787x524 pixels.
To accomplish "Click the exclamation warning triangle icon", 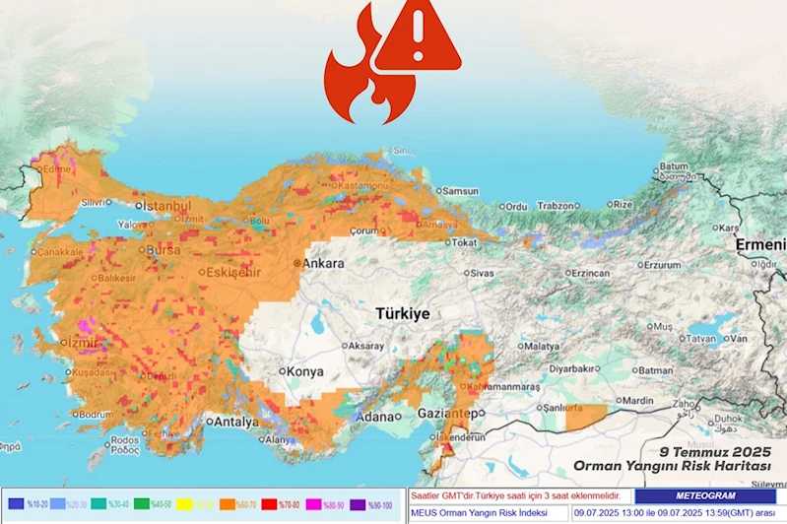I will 419,37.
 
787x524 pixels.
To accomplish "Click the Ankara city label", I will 322,264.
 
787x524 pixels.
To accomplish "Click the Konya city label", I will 303,372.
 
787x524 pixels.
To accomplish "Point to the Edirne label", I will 57,169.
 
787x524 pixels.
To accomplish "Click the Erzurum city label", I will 657,265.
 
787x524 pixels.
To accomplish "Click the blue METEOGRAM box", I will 705,496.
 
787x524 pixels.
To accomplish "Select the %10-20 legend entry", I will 34,503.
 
